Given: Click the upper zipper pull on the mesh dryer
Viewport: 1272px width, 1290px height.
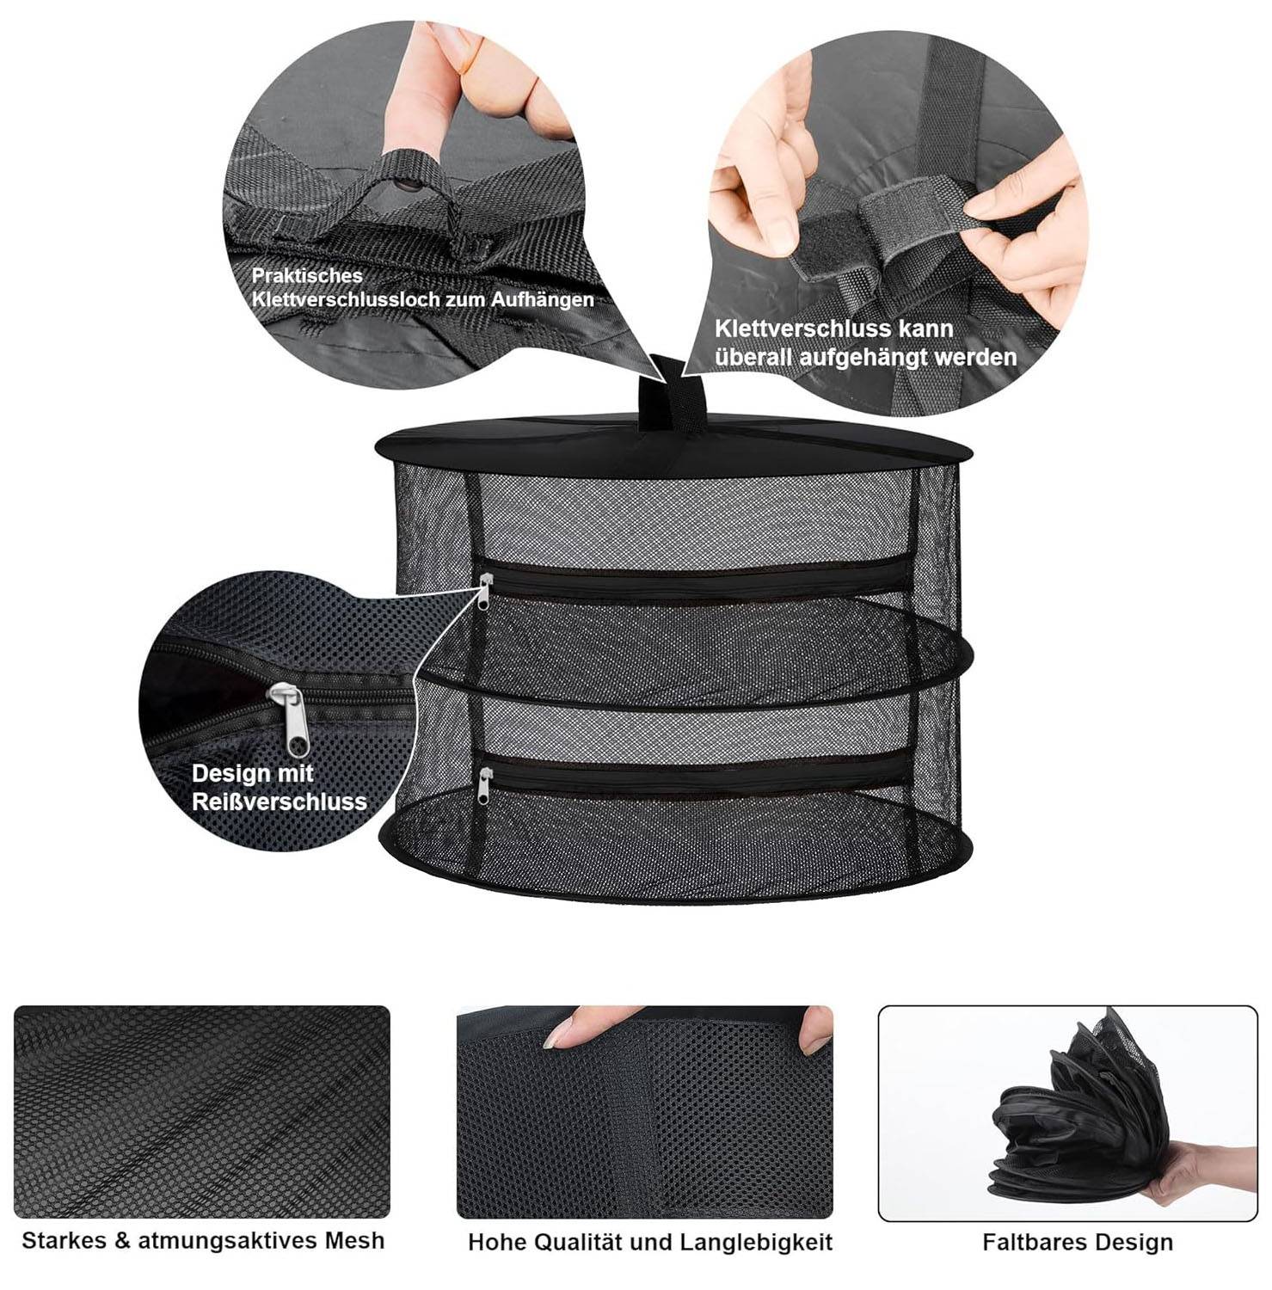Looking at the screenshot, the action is pos(485,591).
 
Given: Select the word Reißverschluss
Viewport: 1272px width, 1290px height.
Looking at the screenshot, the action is pos(280,802).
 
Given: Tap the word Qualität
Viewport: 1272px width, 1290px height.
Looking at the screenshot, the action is pos(579,1243).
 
